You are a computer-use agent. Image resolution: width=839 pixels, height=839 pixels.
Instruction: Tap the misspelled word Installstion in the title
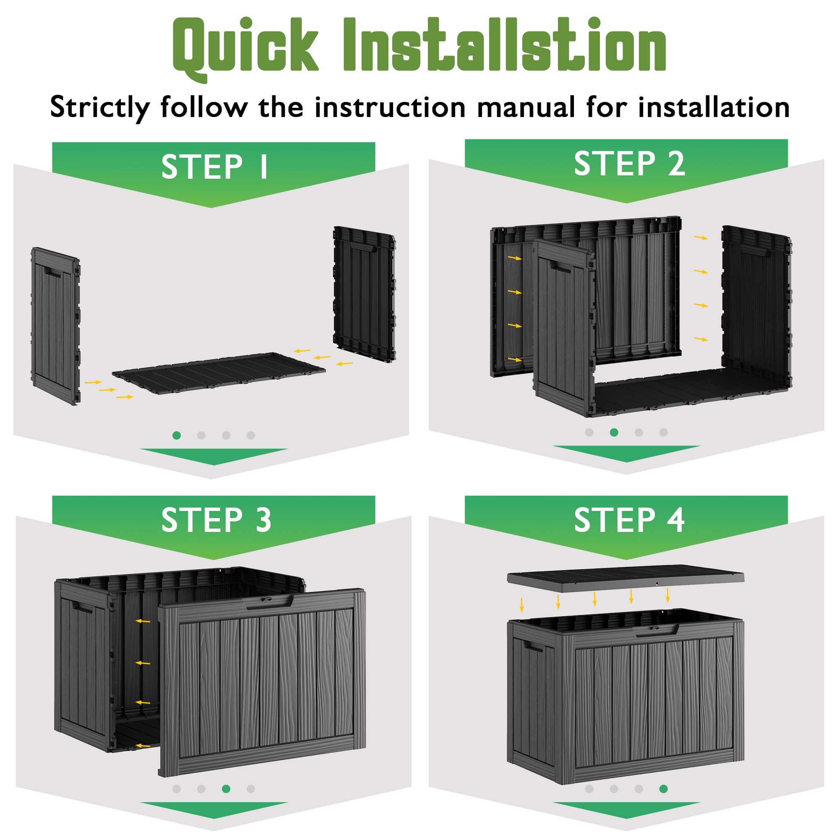click(505, 44)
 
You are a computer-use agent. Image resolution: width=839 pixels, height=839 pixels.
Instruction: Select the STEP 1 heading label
click(214, 166)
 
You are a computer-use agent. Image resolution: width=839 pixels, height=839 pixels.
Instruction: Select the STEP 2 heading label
click(629, 163)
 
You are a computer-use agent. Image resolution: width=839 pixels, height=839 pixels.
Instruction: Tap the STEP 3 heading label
click(216, 520)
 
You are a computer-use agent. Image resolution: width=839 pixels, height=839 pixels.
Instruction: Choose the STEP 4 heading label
click(629, 520)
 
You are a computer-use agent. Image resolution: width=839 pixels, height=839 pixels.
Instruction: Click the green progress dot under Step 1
click(176, 435)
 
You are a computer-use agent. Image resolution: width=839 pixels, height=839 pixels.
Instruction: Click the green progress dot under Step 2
click(614, 432)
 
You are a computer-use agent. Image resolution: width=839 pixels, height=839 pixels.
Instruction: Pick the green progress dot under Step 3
click(226, 789)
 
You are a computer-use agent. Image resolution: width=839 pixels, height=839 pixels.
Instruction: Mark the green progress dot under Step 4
click(663, 789)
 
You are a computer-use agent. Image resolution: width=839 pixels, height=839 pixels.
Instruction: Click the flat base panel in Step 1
click(219, 373)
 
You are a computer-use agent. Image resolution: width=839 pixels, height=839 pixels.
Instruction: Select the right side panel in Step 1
click(364, 294)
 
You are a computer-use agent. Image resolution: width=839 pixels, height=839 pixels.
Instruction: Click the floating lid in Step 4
click(626, 580)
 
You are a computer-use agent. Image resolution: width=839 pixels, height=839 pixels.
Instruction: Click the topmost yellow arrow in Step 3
click(143, 621)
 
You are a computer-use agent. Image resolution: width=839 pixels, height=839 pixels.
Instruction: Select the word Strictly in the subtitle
click(100, 108)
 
